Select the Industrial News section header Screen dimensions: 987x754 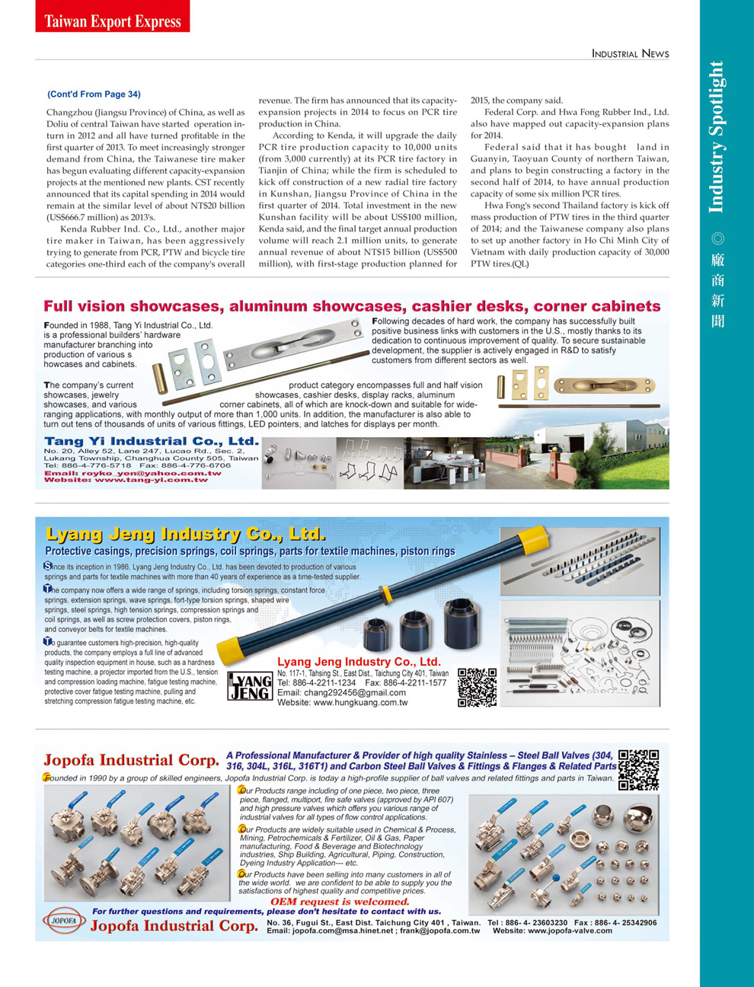(x=630, y=53)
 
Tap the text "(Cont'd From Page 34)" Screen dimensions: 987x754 (x=94, y=94)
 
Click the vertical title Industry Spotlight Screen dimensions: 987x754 (x=716, y=137)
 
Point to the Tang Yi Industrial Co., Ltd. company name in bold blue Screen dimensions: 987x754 (x=151, y=441)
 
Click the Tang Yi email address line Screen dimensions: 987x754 (x=133, y=473)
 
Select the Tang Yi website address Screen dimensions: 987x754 (x=126, y=480)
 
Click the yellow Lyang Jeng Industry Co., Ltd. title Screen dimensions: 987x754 (x=186, y=533)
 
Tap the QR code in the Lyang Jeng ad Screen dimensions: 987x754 (x=477, y=688)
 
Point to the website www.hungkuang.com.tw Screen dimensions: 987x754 (x=342, y=703)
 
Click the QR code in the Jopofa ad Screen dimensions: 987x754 (x=638, y=769)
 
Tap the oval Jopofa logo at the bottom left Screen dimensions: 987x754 (x=65, y=920)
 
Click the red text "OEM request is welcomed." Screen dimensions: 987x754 (x=340, y=902)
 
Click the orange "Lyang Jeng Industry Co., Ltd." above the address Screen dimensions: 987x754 (x=359, y=662)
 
